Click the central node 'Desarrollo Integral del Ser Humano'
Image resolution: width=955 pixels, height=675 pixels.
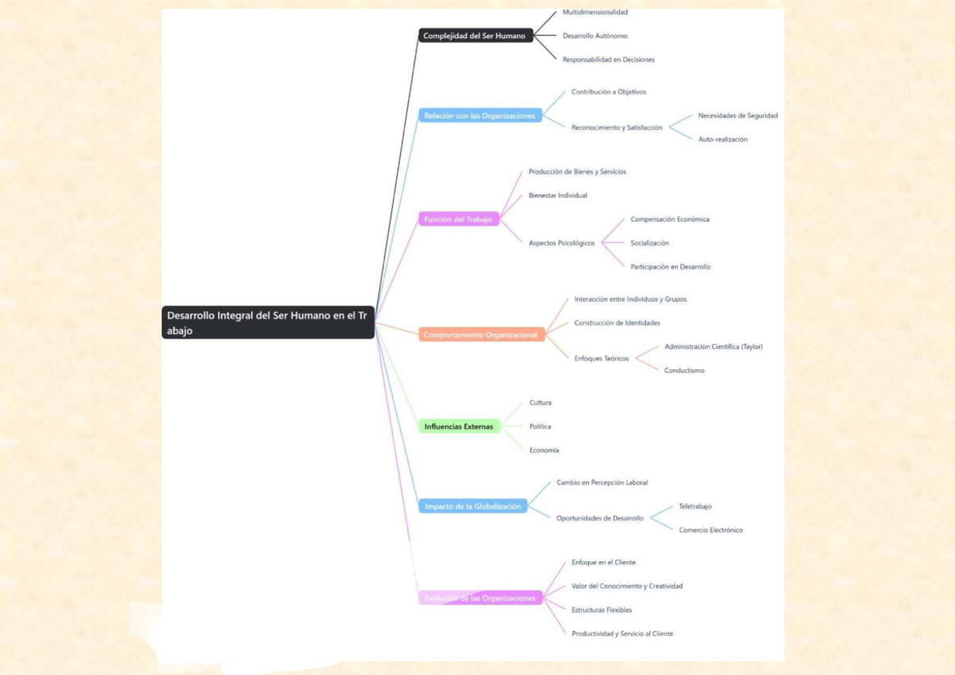[x=267, y=322]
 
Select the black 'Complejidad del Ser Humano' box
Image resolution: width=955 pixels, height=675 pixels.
[x=476, y=36]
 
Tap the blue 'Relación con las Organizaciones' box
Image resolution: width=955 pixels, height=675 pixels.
[x=480, y=115]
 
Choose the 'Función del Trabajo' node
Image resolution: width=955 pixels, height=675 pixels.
[x=458, y=219]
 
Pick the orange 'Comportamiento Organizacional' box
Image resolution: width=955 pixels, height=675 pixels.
[x=481, y=335]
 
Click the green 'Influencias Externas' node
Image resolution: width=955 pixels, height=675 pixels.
[x=459, y=427]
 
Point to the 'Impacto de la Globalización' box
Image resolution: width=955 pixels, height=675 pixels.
[x=473, y=506]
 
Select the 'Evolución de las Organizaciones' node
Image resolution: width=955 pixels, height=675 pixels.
[x=481, y=598]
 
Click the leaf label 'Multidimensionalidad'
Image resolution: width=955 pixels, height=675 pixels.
[x=595, y=12]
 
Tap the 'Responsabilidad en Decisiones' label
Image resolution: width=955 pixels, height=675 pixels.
[x=608, y=60]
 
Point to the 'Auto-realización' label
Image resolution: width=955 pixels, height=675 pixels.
[x=723, y=139]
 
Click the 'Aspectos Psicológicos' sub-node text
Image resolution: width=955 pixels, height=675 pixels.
[x=562, y=243]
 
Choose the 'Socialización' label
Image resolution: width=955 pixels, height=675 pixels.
[x=649, y=243]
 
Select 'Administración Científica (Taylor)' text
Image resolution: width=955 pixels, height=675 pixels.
[x=714, y=347]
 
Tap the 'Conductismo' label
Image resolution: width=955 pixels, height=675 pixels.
[x=684, y=371]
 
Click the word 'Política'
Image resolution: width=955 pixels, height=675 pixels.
[x=540, y=427]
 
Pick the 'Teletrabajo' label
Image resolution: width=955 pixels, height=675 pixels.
[x=696, y=506]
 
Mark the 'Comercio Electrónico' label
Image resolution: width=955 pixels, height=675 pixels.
[x=711, y=530]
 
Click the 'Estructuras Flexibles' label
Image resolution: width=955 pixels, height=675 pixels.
[x=602, y=610]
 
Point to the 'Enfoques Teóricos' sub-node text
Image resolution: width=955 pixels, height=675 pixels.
[x=602, y=359]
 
